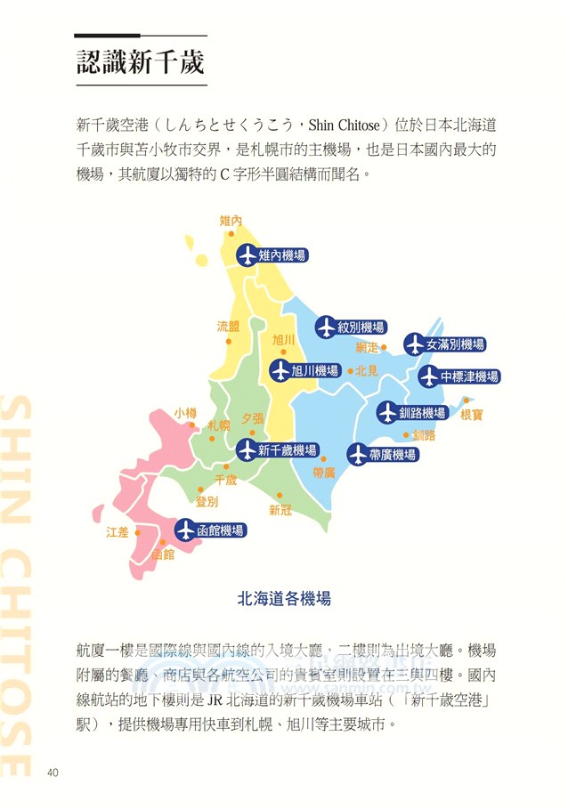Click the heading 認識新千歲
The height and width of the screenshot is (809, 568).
coord(141,62)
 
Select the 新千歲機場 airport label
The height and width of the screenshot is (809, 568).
coord(287,451)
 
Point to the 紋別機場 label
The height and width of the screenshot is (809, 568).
coord(361,327)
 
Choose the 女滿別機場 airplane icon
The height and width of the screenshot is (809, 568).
coord(415,344)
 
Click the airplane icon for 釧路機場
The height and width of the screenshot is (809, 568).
coord(387,413)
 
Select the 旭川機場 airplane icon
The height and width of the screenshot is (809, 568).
coord(281,370)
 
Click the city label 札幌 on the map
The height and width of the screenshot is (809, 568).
coord(218,425)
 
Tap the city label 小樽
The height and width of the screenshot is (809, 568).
coord(185,413)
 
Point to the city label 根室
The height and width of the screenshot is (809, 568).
coord(472,415)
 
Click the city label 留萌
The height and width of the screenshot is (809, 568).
coord(228,327)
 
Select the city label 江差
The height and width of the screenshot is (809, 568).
coord(118,532)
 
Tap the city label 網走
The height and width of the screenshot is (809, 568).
coord(367,347)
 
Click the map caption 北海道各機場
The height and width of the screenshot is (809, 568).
coord(284,599)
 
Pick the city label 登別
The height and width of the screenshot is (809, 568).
coord(207,502)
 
